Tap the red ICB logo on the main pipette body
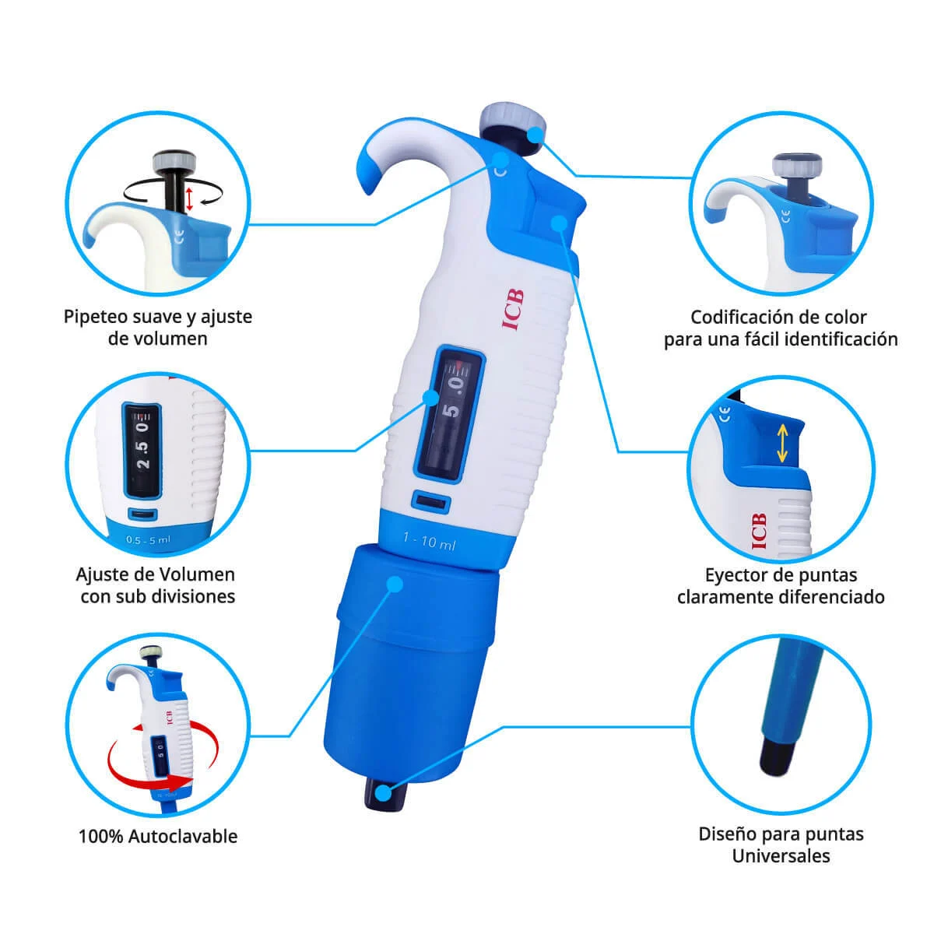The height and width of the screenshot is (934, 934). tap(512, 311)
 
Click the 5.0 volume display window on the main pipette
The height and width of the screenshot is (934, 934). tap(449, 415)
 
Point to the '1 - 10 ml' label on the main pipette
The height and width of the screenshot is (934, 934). tap(430, 541)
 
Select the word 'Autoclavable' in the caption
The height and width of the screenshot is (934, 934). tap(183, 837)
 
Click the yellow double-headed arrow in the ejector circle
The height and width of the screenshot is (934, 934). tap(781, 443)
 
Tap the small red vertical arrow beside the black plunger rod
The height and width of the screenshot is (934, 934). tap(189, 198)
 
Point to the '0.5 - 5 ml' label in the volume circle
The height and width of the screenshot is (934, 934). tap(149, 539)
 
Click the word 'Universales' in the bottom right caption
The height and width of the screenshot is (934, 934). tap(781, 856)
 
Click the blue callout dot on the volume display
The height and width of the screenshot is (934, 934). tap(430, 397)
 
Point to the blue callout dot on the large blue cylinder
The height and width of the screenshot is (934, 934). tap(395, 584)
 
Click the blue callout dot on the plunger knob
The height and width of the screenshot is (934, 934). tap(535, 134)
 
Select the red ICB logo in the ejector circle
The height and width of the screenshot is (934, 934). tap(759, 531)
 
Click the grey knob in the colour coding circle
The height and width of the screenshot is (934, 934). tap(797, 164)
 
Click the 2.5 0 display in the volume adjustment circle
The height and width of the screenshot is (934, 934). tap(142, 446)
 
